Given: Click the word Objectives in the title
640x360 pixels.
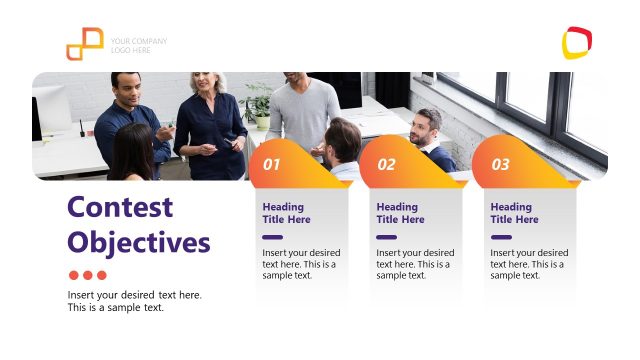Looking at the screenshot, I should point(139,242).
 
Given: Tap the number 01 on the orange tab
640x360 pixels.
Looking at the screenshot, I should point(272,164).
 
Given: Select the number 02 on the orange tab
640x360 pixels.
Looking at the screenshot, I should point(386,164).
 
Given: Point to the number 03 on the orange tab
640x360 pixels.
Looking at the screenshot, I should point(500,164).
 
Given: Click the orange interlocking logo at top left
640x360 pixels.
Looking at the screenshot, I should point(85,44).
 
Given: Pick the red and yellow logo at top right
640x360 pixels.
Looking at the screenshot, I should point(577,43).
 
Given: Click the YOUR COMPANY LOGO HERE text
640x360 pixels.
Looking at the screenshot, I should point(138,45).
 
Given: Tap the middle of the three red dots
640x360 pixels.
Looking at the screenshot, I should point(87,275).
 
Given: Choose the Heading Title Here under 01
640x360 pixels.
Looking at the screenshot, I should point(286,213).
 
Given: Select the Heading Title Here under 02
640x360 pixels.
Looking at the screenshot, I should point(400,213).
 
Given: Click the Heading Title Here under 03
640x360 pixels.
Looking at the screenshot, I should point(514,213).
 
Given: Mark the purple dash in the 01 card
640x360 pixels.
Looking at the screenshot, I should point(272,237).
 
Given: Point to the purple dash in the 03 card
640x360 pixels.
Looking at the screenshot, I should point(500,237).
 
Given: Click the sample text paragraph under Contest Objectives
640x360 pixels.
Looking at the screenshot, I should point(134,301).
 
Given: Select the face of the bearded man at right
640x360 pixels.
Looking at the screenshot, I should point(426,127).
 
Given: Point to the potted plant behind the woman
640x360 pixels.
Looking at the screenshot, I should point(259,100).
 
